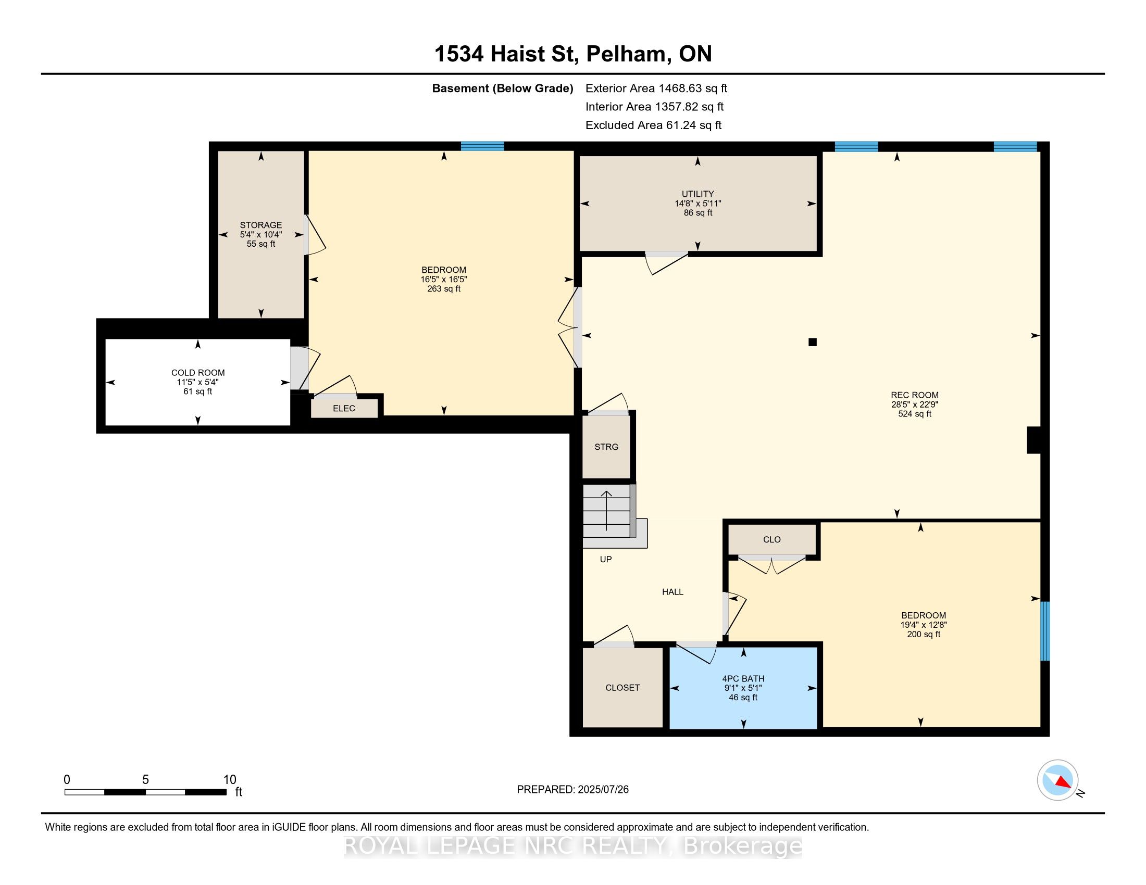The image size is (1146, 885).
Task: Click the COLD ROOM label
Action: pyautogui.click(x=198, y=373)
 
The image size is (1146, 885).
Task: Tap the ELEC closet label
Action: pyautogui.click(x=344, y=409)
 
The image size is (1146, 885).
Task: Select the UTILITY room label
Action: pyautogui.click(x=697, y=194)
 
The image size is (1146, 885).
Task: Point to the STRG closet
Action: pyautogui.click(x=606, y=447)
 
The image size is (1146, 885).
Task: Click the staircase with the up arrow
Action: pyautogui.click(x=607, y=511)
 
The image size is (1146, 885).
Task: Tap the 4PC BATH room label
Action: pyautogui.click(x=743, y=678)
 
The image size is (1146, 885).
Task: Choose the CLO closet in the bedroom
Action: pyautogui.click(x=772, y=539)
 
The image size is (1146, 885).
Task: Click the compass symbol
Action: pyautogui.click(x=1058, y=780)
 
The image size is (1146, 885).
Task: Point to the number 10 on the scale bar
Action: pyautogui.click(x=230, y=780)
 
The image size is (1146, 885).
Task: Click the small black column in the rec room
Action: pyautogui.click(x=812, y=343)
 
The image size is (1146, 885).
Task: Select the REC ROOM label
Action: pyautogui.click(x=915, y=395)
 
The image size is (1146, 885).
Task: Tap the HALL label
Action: pyautogui.click(x=672, y=592)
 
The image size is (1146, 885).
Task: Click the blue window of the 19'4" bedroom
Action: pyautogui.click(x=1045, y=631)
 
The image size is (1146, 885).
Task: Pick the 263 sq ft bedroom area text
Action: pyautogui.click(x=444, y=289)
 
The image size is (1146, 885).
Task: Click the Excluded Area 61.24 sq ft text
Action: pyautogui.click(x=653, y=125)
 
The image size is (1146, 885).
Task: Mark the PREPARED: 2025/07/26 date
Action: pyautogui.click(x=572, y=790)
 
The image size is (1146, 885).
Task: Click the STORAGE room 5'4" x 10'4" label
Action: pyautogui.click(x=261, y=234)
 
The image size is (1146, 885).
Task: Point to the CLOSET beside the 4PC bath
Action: pyautogui.click(x=623, y=687)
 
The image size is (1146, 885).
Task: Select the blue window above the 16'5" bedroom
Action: pyautogui.click(x=482, y=146)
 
